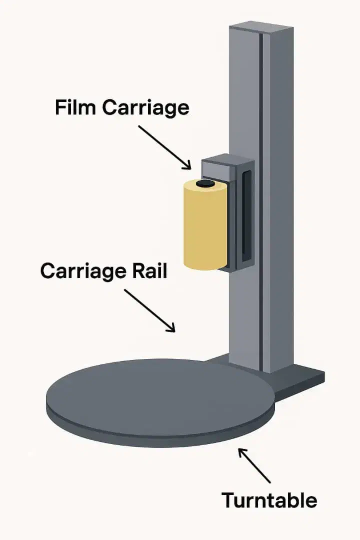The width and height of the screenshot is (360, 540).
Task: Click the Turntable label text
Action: pos(269,499)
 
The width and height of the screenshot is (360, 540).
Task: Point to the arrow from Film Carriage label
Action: pos(164,147)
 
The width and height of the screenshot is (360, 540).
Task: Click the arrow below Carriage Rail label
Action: pos(149,310)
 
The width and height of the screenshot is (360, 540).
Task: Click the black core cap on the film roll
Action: pos(205,184)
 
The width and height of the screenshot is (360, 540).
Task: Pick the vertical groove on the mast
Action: pos(260,200)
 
